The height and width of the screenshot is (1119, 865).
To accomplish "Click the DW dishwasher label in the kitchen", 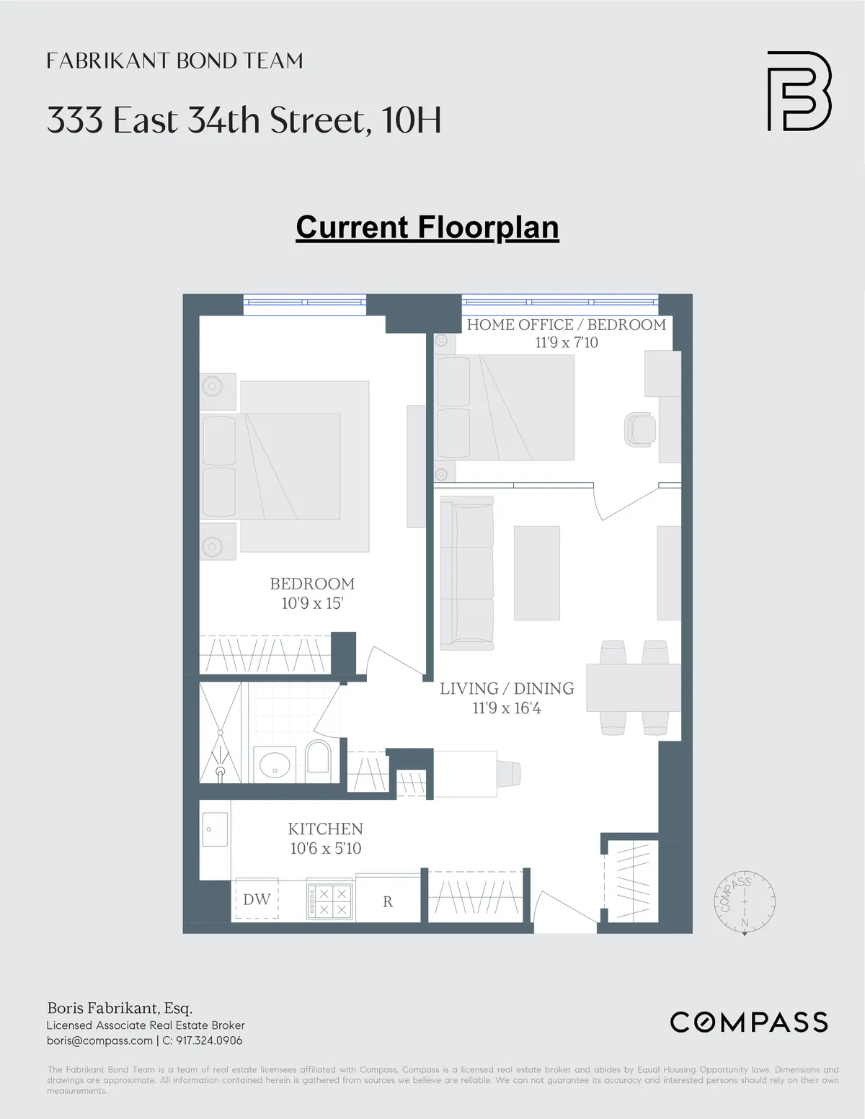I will pyautogui.click(x=257, y=899).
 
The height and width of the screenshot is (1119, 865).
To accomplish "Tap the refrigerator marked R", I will pyautogui.click(x=388, y=901).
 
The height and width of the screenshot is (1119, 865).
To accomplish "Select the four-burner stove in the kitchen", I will pyautogui.click(x=329, y=901).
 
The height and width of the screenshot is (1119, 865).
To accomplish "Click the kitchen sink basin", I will pyautogui.click(x=215, y=829).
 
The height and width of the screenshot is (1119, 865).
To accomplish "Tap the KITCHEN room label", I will pyautogui.click(x=325, y=829).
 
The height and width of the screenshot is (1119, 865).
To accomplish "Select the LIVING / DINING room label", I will pyautogui.click(x=507, y=689).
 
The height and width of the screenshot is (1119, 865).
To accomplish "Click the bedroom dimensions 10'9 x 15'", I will pyautogui.click(x=312, y=603).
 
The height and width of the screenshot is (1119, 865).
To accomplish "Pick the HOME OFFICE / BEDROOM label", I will pyautogui.click(x=566, y=324).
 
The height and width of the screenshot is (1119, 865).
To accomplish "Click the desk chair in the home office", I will pyautogui.click(x=639, y=429).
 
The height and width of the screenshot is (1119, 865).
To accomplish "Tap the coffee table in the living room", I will pyautogui.click(x=536, y=573).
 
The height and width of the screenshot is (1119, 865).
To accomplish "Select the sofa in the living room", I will pyautogui.click(x=467, y=574).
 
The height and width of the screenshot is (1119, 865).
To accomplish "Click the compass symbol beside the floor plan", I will pyautogui.click(x=745, y=901).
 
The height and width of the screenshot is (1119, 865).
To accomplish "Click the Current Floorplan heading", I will pyautogui.click(x=427, y=228).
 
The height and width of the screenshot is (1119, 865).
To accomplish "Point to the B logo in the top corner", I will pyautogui.click(x=799, y=91).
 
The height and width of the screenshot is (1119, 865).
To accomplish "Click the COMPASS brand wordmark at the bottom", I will pyautogui.click(x=749, y=1022).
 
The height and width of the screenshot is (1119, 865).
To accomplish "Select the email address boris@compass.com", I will pyautogui.click(x=99, y=1040).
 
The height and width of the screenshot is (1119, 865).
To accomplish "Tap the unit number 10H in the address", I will pyautogui.click(x=412, y=120).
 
